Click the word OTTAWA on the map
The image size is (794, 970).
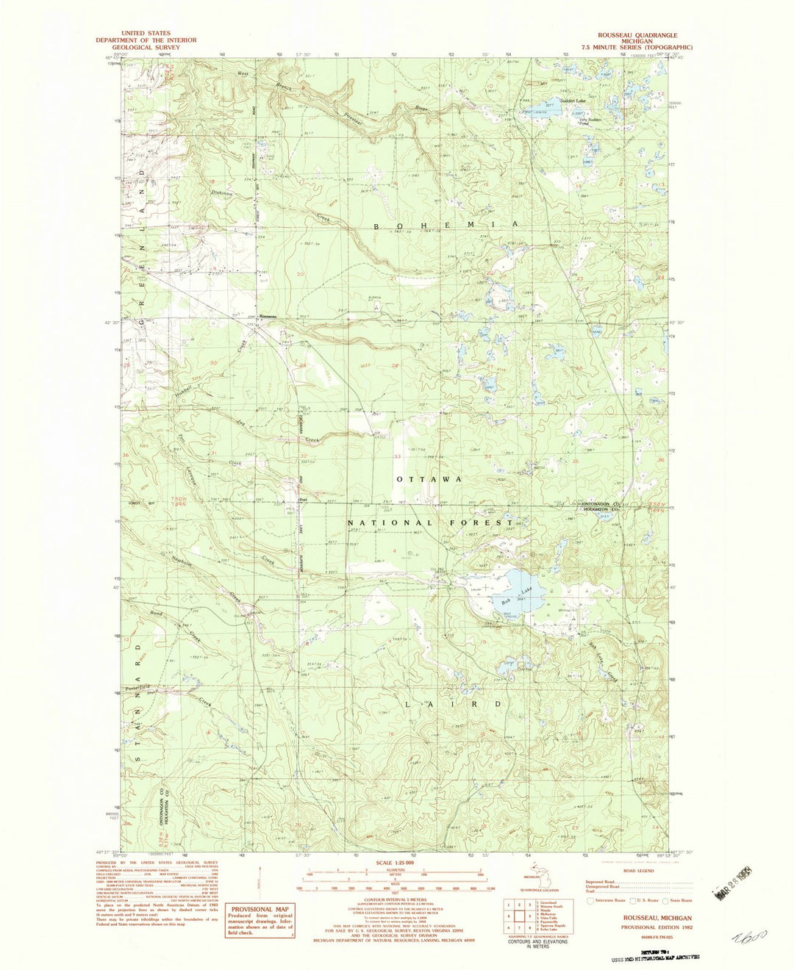[x=429, y=478]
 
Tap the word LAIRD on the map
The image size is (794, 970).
[x=454, y=703]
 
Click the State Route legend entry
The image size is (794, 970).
[x=676, y=899]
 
